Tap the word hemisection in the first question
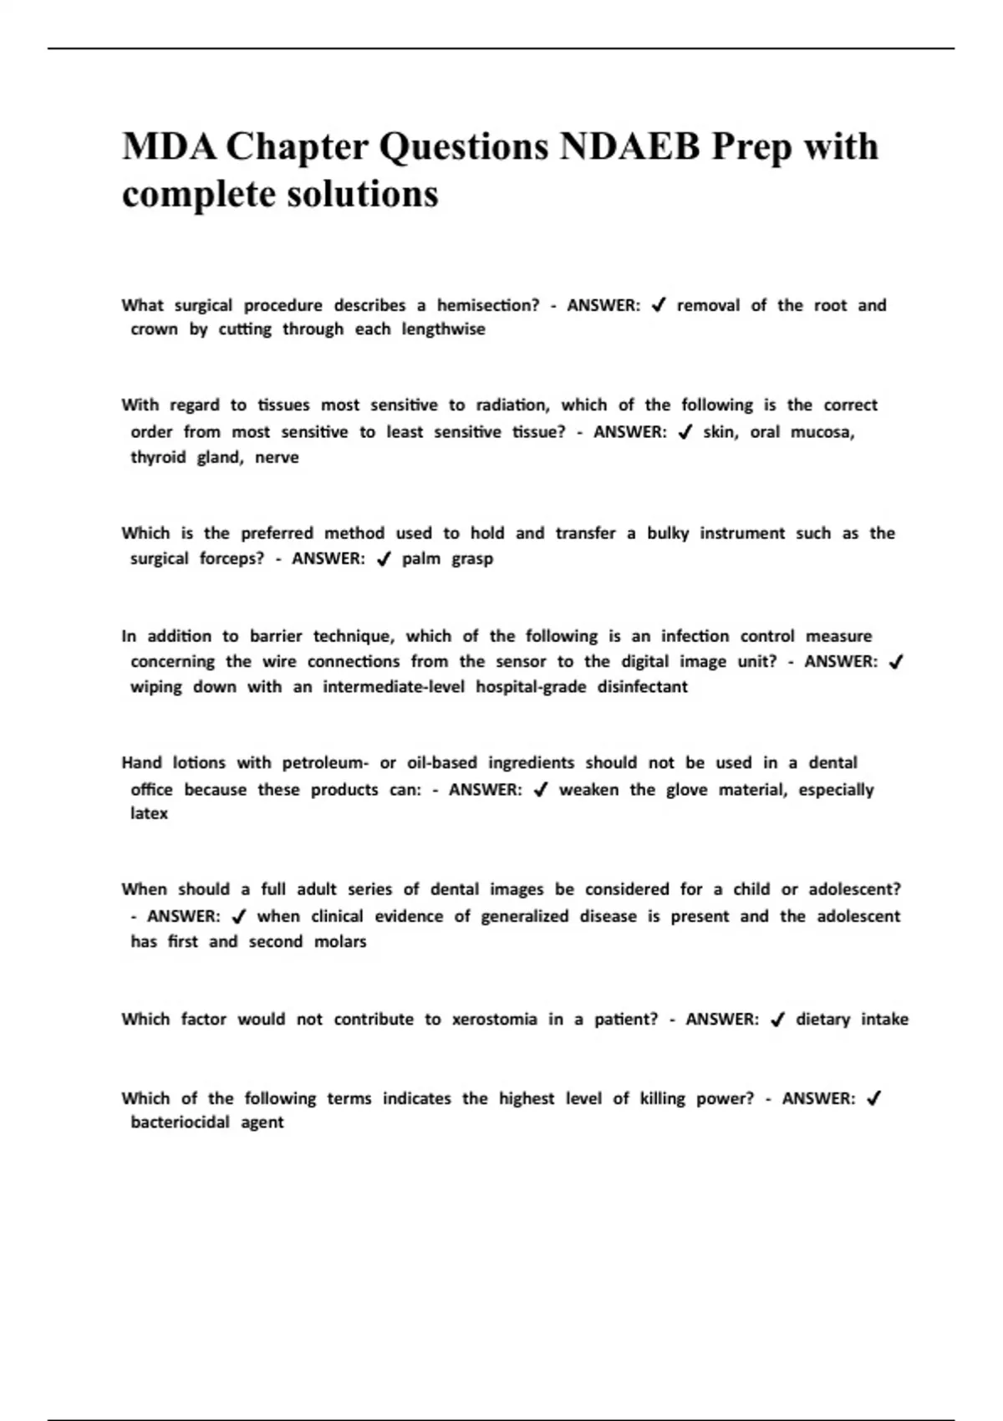tap(488, 305)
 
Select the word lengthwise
tap(443, 329)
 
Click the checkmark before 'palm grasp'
tap(384, 559)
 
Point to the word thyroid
tap(158, 458)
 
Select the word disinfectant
tap(642, 687)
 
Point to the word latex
tap(149, 813)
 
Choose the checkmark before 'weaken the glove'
tap(540, 790)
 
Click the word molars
tap(340, 942)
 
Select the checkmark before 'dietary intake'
tap(777, 1020)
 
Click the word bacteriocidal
tap(180, 1123)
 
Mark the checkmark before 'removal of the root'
tap(659, 306)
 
